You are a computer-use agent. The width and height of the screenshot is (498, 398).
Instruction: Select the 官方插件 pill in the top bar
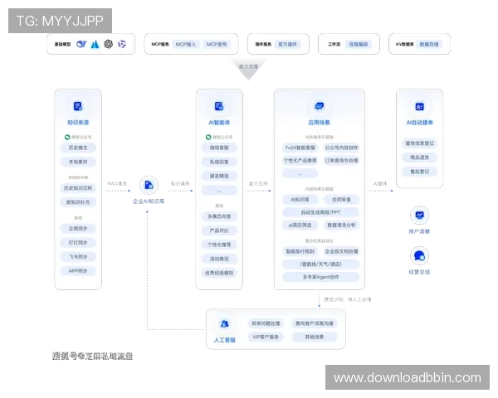[270, 44]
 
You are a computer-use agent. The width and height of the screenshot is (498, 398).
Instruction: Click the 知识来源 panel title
[77, 122]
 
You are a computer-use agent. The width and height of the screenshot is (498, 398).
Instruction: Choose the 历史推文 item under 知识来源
[77, 147]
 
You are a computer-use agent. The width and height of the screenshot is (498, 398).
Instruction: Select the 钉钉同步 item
[77, 242]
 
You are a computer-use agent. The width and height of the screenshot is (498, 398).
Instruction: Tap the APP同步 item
[77, 270]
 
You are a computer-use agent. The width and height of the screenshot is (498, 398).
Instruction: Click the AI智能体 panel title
[220, 122]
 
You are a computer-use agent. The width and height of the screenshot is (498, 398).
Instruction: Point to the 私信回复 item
[220, 162]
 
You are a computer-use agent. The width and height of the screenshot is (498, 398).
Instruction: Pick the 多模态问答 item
[220, 216]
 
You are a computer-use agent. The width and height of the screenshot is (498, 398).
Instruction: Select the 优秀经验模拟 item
[220, 273]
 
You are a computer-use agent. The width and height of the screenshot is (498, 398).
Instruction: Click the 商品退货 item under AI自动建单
[420, 157]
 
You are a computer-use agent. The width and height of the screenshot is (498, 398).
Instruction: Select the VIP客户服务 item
[267, 337]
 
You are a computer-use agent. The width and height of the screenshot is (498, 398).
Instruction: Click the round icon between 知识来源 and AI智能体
[149, 185]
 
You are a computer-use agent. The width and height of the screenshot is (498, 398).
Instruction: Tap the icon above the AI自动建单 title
[420, 107]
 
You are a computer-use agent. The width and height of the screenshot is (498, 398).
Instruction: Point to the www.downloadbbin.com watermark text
[407, 378]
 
